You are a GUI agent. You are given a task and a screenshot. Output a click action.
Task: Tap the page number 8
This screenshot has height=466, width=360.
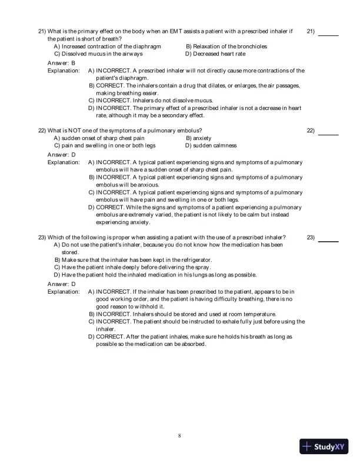pyautogui.click(x=179, y=435)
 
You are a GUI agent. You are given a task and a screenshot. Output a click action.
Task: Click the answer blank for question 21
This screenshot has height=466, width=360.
pyautogui.click(x=328, y=34)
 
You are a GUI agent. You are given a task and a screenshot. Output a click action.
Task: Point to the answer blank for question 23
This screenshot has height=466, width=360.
pyautogui.click(x=328, y=241)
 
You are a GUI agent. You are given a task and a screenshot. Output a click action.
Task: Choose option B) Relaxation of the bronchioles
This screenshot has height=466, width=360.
pyautogui.click(x=226, y=46)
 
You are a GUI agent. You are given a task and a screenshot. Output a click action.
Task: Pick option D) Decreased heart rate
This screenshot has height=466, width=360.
pyautogui.click(x=215, y=54)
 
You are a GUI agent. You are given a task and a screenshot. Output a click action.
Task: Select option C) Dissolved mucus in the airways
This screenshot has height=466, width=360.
pyautogui.click(x=98, y=54)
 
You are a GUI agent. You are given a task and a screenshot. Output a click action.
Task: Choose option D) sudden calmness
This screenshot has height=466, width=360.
pyautogui.click(x=211, y=145)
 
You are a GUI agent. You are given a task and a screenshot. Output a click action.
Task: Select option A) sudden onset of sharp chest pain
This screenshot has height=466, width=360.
pyautogui.click(x=99, y=138)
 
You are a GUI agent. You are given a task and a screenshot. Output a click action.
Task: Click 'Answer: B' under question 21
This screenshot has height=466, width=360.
pyautogui.click(x=61, y=62)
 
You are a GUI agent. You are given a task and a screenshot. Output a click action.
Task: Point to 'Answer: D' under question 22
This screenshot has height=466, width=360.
pyautogui.click(x=61, y=154)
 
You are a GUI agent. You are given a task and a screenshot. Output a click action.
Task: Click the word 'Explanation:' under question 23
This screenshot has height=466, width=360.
pyautogui.click(x=64, y=291)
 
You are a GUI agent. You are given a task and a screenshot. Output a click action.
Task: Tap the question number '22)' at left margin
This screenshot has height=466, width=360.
pyautogui.click(x=42, y=130)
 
